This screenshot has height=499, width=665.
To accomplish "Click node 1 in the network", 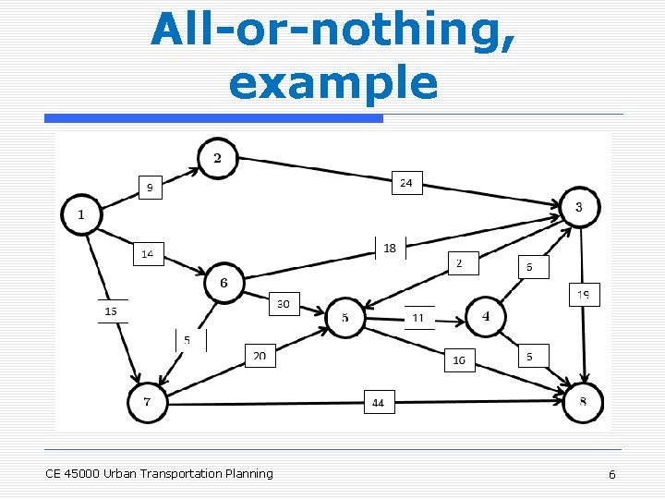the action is (80, 215).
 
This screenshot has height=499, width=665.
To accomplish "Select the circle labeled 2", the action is (217, 158).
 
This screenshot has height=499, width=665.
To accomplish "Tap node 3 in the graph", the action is (579, 207).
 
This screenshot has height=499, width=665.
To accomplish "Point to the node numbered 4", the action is (486, 317).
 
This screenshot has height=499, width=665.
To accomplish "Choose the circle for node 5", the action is (345, 319).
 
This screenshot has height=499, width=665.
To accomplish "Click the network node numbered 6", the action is (224, 283).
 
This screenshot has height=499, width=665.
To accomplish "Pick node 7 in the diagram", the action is (147, 402).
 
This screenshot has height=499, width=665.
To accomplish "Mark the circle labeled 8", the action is (583, 402).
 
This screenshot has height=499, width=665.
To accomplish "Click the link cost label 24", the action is (406, 183).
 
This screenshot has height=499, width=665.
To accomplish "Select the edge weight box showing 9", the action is (150, 188).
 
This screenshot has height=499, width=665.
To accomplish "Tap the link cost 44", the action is (379, 402).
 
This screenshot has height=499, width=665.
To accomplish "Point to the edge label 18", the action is (390, 248).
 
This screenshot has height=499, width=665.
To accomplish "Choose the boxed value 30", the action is (284, 303).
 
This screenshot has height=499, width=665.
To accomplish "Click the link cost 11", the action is (418, 318).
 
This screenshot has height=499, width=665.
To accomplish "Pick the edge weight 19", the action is (584, 295).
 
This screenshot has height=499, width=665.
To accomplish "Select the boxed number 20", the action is (260, 356).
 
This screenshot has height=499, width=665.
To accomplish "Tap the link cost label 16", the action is (459, 359).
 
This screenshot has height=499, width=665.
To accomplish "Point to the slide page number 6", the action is (611, 474).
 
